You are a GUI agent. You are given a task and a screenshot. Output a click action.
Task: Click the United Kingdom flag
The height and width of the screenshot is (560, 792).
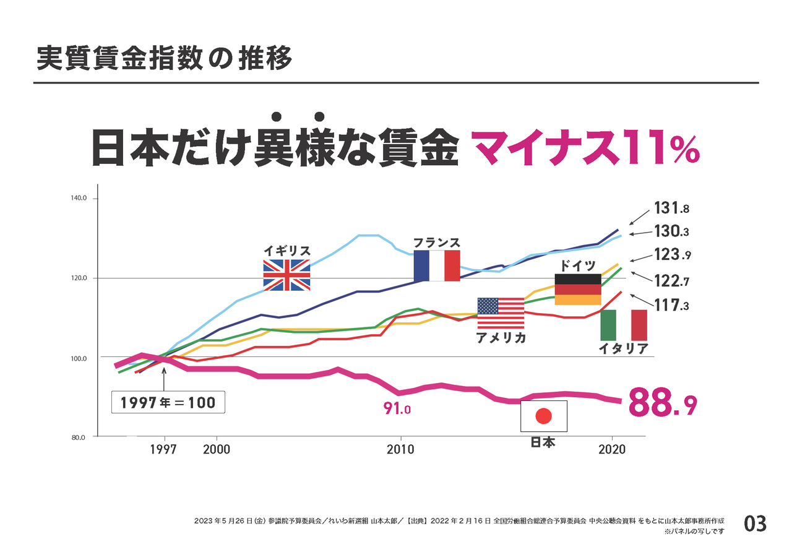(x=286, y=275)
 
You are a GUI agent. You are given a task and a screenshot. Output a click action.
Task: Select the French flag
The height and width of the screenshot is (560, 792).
(x=437, y=265)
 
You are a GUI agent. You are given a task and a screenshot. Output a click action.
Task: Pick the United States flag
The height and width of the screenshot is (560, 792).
(x=501, y=313)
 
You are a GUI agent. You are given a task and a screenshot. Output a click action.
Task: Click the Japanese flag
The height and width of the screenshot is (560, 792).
(x=543, y=416)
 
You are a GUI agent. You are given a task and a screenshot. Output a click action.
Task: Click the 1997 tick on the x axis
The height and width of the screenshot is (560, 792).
(x=164, y=450)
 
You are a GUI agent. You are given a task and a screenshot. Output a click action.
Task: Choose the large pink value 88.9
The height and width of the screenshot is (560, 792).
(x=663, y=403)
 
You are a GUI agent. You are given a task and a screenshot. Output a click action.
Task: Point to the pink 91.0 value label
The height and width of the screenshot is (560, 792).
(x=397, y=408)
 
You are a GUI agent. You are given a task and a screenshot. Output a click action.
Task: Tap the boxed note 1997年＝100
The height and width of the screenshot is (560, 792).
(x=168, y=403)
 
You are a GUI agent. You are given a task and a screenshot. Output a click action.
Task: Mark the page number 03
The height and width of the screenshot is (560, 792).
(x=754, y=524)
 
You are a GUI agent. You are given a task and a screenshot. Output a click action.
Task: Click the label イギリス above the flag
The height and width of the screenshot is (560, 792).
(x=286, y=251)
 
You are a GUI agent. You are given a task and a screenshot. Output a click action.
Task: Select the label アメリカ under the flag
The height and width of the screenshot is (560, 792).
(x=501, y=338)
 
